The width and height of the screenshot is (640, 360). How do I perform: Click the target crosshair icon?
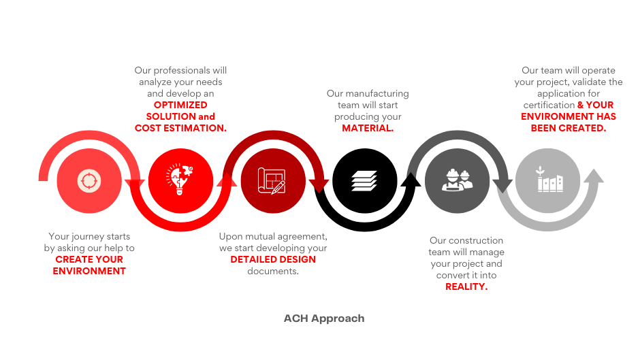(89, 180)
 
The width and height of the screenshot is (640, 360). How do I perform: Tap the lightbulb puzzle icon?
(179, 180)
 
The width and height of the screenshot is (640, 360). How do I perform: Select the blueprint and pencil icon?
(272, 180)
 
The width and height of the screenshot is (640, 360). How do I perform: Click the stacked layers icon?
(364, 181)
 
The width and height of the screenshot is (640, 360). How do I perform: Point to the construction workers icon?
(457, 180)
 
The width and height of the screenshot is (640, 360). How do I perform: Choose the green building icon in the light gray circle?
(550, 179)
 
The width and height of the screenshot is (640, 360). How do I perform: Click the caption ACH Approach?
(324, 318)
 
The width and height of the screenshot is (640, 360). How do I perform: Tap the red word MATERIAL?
(368, 128)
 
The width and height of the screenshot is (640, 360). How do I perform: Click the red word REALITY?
(466, 287)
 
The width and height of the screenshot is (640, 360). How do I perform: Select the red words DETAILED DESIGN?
(273, 259)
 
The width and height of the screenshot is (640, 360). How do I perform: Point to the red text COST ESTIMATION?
(180, 128)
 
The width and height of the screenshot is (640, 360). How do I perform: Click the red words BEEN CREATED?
(568, 128)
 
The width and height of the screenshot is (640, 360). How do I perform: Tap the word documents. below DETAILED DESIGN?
(273, 271)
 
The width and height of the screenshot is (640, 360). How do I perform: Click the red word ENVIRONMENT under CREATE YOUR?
(89, 271)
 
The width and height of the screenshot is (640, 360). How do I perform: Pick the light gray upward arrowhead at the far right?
(594, 176)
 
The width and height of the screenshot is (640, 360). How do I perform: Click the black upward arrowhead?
(411, 180)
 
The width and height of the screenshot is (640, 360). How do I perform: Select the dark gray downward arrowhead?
(503, 186)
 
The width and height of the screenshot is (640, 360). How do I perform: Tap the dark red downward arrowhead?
(319, 186)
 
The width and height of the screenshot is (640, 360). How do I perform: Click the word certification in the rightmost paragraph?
(549, 105)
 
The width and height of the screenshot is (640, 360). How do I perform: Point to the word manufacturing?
(376, 94)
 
